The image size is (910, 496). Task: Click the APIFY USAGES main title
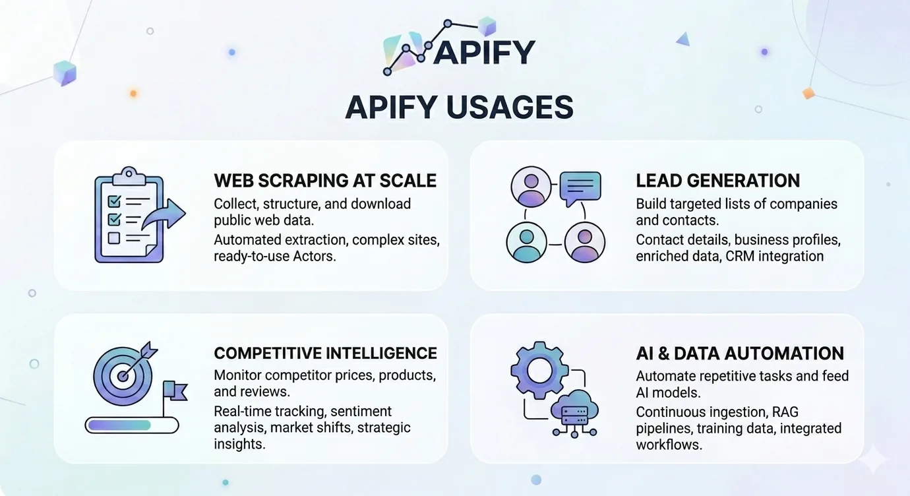(x=459, y=108)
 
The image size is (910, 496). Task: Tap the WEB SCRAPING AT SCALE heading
(x=325, y=181)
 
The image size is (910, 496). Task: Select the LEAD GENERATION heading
(x=718, y=181)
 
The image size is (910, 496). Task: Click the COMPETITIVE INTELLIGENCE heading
(x=325, y=353)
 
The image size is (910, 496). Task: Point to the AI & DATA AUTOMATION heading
(x=740, y=354)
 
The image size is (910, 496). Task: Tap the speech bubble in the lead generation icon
(x=580, y=189)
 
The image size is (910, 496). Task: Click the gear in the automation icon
(x=539, y=370)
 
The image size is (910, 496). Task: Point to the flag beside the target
(x=175, y=390)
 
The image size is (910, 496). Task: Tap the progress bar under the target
(x=132, y=425)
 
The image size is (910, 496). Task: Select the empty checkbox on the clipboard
(x=113, y=237)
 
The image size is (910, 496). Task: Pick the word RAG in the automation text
(x=785, y=412)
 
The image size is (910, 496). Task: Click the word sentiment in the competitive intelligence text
(x=361, y=411)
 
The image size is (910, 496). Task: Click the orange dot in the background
(x=133, y=94)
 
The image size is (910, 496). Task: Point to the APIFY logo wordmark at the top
(x=484, y=52)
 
